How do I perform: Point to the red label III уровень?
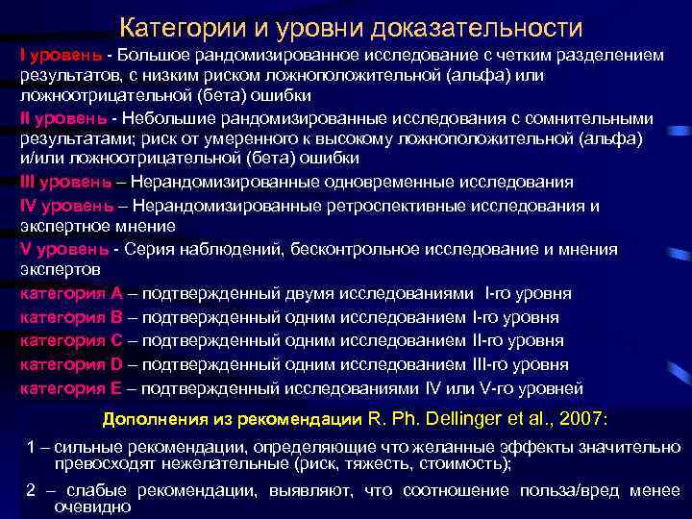[66, 181]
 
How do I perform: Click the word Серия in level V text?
[143, 250]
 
